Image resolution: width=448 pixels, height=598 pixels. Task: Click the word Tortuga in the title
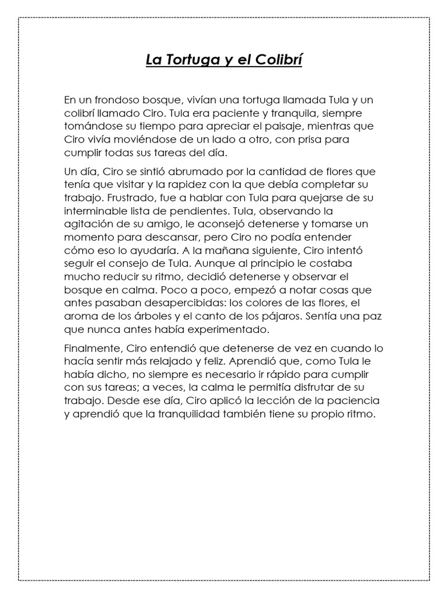[187, 60]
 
